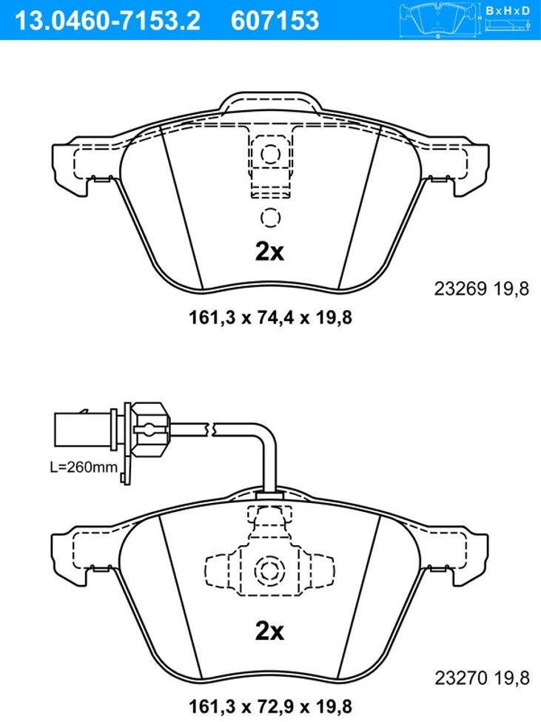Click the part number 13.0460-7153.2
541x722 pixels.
108,20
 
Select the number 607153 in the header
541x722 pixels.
275,20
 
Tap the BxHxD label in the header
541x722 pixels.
508,10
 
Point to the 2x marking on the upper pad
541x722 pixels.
270,252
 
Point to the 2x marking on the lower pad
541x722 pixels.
270,631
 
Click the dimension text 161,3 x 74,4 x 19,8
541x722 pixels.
271,317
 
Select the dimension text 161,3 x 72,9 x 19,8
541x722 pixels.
271,706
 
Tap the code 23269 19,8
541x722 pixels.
482,289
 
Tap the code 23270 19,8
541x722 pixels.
482,678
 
